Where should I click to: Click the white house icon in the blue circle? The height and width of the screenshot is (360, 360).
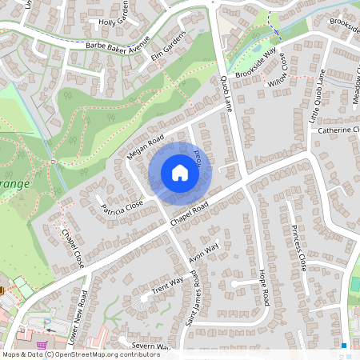pos(180,173)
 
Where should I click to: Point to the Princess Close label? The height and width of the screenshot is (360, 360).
pos(299,247)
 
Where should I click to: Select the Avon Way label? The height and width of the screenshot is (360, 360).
pos(203,254)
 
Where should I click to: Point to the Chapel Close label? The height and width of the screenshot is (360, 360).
pos(73,249)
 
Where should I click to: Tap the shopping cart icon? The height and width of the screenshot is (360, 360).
pos(52,339)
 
